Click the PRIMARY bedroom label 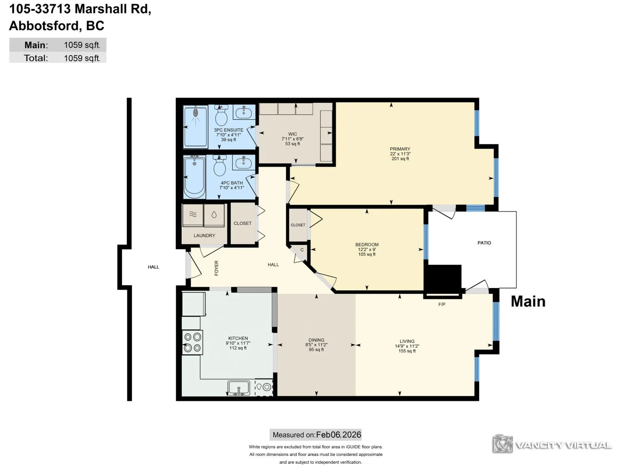pos(400,149)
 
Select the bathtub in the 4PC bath pos(195,177)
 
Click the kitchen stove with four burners pos(192,342)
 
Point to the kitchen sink pos(239,387)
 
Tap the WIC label pos(293,134)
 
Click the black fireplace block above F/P pos(443,277)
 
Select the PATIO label pos(484,243)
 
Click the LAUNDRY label pos(205,235)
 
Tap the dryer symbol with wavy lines pos(193,215)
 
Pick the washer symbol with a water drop pos(214,215)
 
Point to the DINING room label pos(316,340)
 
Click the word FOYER pos(216,268)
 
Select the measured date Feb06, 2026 pos(339,434)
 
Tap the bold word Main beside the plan pos(528,302)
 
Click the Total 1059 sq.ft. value pos(82,58)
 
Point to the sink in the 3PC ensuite pos(244,112)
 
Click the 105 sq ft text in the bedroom pos(367,254)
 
